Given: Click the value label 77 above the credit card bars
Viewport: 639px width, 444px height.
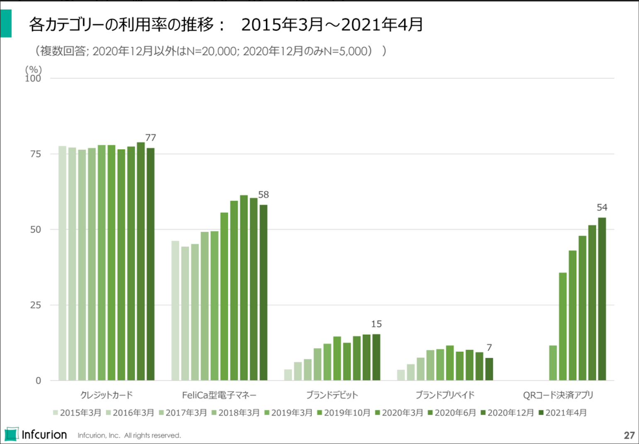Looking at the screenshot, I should [151, 138].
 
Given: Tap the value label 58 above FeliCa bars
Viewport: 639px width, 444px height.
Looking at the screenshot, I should [263, 195].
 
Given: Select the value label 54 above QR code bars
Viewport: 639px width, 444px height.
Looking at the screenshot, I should [602, 207].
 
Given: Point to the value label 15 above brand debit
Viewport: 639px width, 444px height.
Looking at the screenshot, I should [376, 324].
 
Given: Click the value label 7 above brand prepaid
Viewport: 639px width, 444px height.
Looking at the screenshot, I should [489, 348].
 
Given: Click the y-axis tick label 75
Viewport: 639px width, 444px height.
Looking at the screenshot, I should [36, 154].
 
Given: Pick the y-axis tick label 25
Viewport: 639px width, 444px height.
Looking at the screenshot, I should [36, 305].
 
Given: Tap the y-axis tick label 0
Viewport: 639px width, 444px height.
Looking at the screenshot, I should [38, 381].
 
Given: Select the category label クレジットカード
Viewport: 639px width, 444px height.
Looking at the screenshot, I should [106, 395].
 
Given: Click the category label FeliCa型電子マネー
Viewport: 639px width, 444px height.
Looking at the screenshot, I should [219, 395].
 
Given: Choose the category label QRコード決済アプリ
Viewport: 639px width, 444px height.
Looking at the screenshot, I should [558, 395].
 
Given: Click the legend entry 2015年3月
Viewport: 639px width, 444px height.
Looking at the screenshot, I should [77, 413].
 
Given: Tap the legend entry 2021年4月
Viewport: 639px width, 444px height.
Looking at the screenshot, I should [563, 413].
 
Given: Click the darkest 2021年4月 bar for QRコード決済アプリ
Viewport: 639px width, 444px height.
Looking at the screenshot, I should [602, 299].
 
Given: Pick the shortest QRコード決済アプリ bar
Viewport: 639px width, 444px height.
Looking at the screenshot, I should [553, 363].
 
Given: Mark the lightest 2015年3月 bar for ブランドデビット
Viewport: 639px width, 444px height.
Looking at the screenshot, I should [288, 375].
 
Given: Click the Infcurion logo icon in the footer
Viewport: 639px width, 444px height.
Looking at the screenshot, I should [11, 434].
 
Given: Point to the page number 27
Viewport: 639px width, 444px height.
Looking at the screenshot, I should [629, 435].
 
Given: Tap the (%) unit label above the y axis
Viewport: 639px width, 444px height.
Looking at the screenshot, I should [33, 69].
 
